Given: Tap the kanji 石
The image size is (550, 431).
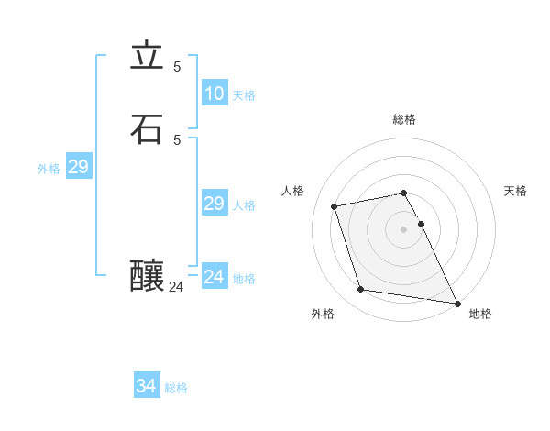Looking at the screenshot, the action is (147, 129).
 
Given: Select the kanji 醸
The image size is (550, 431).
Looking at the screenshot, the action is (148, 274).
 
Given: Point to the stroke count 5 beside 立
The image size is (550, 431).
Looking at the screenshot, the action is (177, 66).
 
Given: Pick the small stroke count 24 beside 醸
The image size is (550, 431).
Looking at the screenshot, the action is (176, 287).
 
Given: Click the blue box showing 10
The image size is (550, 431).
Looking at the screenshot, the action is (214, 94).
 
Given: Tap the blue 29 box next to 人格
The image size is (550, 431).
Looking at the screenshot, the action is (214, 204).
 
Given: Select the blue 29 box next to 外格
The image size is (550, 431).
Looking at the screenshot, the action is (78, 167).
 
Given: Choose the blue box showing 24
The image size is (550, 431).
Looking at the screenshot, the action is (214, 277).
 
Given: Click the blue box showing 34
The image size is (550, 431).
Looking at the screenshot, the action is (147, 386).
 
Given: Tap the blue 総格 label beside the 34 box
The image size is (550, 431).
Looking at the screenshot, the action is (176, 388).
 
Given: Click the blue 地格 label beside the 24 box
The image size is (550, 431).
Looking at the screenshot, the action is (244, 279).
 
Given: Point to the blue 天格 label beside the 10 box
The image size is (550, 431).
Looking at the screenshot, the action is (244, 95).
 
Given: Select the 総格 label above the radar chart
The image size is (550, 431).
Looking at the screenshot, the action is (403, 119).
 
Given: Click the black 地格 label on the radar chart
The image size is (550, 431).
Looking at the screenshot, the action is (480, 314).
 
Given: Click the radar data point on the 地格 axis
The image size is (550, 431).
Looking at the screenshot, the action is (456, 302).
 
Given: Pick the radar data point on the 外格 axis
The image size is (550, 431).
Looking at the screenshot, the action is (361, 290).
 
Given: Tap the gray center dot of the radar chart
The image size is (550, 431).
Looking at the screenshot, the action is (403, 229).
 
